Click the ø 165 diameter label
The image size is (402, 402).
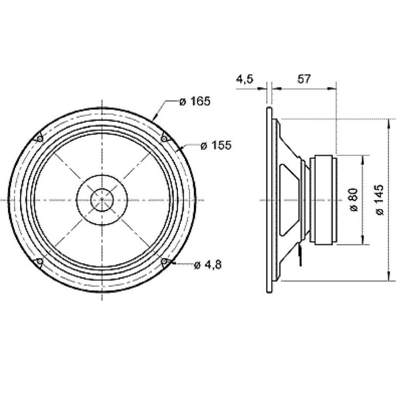coord(195,101)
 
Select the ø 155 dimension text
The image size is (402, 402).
coord(215,146)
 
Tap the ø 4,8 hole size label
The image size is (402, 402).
coord(207,265)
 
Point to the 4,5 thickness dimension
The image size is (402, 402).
coord(244,79)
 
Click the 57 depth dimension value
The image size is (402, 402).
coord(304,79)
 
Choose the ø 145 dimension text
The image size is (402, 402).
coord(380,199)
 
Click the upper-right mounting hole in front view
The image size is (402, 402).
coord(164,139)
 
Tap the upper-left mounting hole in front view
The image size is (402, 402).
coord(39,139)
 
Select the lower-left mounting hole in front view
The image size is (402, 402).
coord(39,262)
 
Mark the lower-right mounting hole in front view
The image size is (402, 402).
coord(165,262)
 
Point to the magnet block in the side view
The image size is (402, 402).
coord(323,200)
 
